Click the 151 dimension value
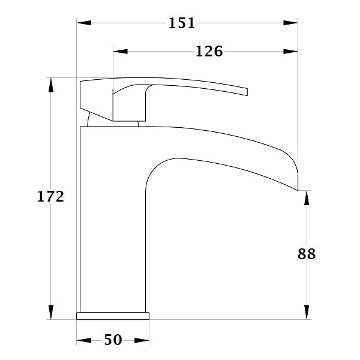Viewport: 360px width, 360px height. click(182, 23)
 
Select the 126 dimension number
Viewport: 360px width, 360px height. click(209, 52)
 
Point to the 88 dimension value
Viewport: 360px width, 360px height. click(307, 254)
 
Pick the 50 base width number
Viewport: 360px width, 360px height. click(113, 340)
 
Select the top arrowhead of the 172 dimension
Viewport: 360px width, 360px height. click(51, 85)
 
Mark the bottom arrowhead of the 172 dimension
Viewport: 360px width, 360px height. click(51, 311)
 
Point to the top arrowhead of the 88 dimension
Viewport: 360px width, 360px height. click(307, 198)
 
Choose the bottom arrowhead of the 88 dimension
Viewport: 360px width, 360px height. click(307, 311)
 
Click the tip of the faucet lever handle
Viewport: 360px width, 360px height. click(245, 92)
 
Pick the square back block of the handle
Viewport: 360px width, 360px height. click(95, 96)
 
